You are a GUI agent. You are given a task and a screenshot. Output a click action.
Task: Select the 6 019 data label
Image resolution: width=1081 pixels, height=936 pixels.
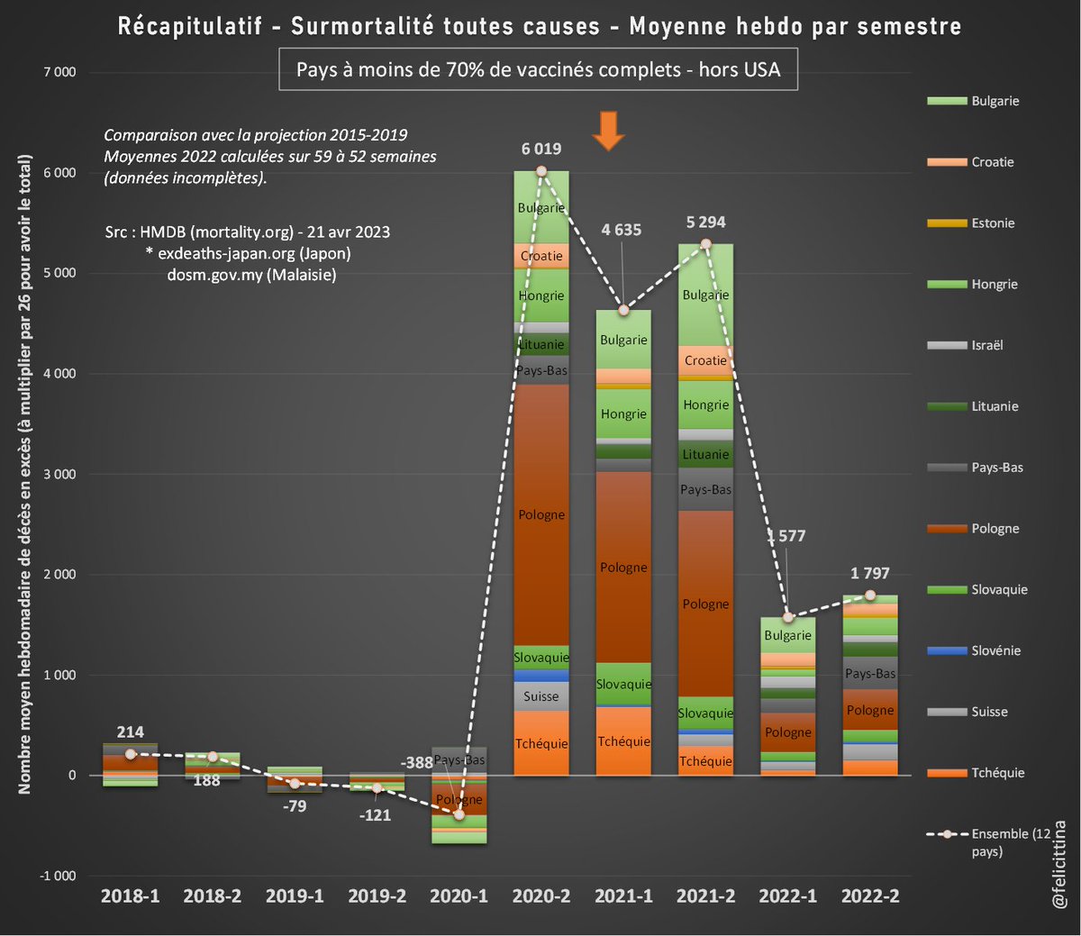(x=540, y=149)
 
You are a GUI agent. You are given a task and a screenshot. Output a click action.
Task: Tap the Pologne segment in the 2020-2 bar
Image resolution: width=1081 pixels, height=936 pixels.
(x=541, y=514)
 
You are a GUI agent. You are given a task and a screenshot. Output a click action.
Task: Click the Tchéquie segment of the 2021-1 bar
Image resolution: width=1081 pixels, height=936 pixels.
(x=623, y=741)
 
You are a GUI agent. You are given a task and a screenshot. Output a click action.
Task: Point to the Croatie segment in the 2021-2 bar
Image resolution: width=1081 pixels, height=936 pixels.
(x=705, y=360)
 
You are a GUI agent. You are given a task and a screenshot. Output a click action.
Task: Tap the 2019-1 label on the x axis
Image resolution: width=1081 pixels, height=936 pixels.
(x=295, y=895)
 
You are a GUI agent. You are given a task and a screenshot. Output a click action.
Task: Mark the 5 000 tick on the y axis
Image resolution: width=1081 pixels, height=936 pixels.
(x=59, y=273)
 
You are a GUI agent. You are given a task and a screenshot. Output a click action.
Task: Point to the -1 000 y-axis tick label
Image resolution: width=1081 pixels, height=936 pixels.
(x=58, y=876)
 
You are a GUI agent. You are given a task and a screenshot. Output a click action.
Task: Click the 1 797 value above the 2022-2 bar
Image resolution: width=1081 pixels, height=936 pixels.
(x=869, y=574)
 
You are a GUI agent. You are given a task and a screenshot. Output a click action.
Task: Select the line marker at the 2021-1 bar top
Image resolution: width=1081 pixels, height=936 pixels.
(x=623, y=311)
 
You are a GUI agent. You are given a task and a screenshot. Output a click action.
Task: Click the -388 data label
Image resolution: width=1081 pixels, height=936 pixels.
(x=417, y=763)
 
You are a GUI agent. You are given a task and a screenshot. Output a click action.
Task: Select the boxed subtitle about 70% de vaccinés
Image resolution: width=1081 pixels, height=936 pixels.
(x=538, y=69)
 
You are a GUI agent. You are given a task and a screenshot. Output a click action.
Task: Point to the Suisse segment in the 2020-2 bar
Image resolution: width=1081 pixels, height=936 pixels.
(x=541, y=696)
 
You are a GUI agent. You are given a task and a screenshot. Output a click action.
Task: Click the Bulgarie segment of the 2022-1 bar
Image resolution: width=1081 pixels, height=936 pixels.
(x=787, y=635)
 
